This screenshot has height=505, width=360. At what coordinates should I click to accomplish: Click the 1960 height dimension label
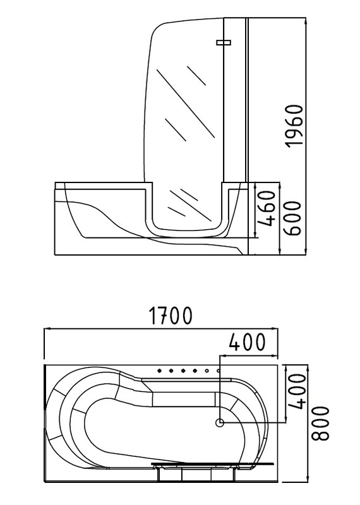point(295,126)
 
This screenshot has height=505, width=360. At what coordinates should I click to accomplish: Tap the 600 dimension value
point(292,218)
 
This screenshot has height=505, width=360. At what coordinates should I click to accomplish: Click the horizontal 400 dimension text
point(247,342)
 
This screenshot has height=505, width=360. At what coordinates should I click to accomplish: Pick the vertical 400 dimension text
point(296,391)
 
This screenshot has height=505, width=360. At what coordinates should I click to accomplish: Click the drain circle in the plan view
point(220,422)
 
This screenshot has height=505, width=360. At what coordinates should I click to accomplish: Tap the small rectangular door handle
point(224,42)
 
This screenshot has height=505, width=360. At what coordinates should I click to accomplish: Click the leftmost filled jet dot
point(160,371)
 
